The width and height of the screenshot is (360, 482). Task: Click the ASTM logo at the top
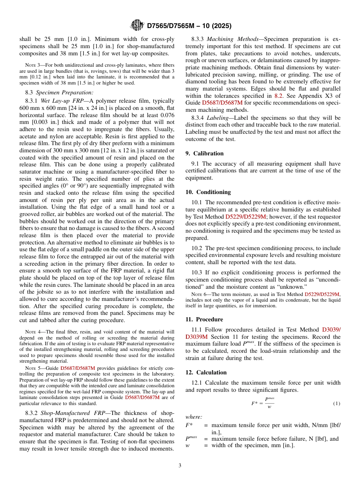(x=137, y=25)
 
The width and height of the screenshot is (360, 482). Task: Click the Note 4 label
(x=31, y=332)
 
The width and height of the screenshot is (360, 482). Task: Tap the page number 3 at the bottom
(x=180, y=465)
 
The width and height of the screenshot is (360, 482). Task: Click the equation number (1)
(x=337, y=403)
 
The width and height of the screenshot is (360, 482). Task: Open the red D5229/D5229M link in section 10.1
(x=246, y=216)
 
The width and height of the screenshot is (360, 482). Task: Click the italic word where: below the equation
(x=194, y=417)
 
